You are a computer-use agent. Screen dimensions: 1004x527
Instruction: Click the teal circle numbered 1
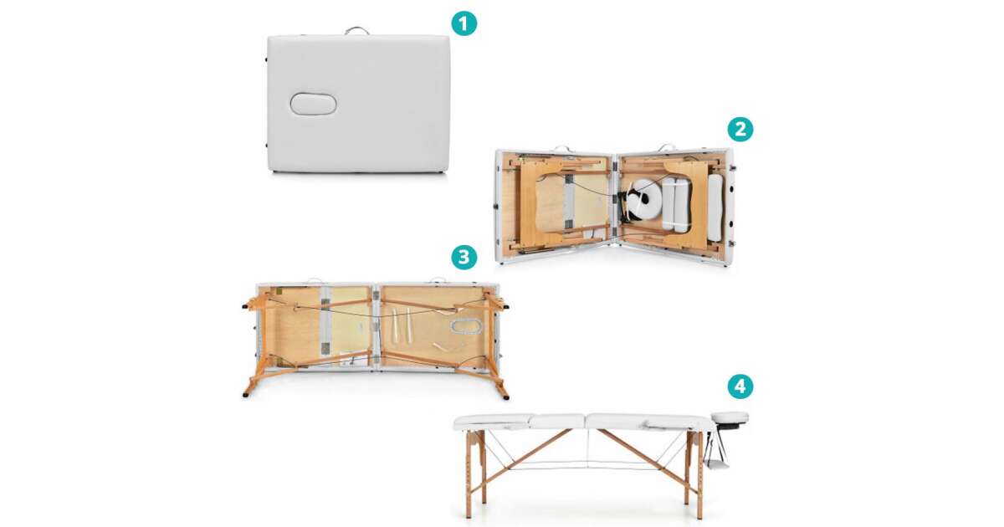click(x=464, y=23)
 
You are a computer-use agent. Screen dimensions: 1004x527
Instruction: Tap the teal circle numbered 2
click(x=740, y=129)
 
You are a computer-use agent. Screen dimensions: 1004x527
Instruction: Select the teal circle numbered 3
click(x=464, y=257)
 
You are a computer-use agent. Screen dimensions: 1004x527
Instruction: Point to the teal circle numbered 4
click(x=740, y=386)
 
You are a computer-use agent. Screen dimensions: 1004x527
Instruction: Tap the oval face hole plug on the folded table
click(x=313, y=104)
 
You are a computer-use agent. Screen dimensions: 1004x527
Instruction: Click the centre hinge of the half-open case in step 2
click(x=614, y=201)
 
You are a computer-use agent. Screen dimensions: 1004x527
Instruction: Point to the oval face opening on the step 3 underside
click(x=467, y=326)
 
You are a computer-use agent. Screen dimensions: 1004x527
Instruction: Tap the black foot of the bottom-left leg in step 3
click(x=246, y=395)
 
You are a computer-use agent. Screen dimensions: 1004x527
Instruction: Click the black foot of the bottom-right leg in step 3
click(x=505, y=397)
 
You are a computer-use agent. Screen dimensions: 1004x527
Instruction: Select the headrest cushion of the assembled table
click(x=730, y=417)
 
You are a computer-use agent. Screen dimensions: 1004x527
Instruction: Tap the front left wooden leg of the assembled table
click(x=469, y=475)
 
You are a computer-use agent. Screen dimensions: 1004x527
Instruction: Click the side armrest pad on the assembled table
click(x=663, y=423)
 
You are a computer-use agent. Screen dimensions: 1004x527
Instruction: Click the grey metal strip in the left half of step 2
click(x=569, y=201)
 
